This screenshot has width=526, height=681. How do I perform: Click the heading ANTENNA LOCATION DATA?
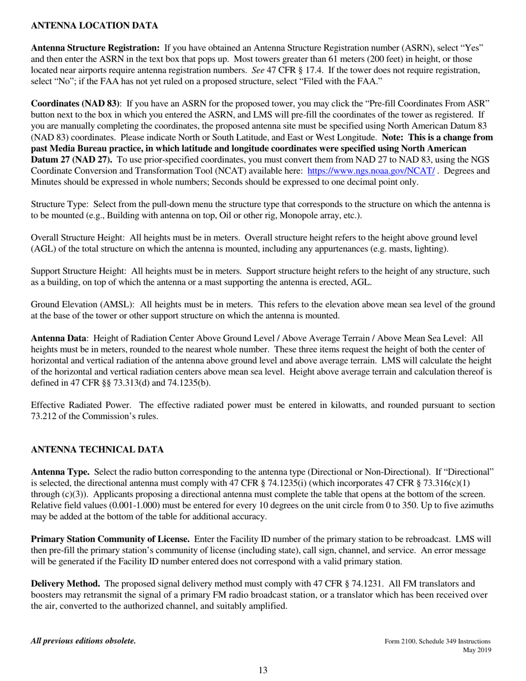coord(94,25)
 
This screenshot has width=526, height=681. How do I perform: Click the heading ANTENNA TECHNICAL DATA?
coord(97,449)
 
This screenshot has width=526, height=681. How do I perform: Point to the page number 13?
coord(262,670)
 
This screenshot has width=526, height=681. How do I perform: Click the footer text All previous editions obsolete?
coord(83,641)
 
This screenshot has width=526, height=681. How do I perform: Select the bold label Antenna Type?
coord(60,472)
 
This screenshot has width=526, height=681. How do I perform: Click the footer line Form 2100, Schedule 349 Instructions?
coord(437,642)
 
